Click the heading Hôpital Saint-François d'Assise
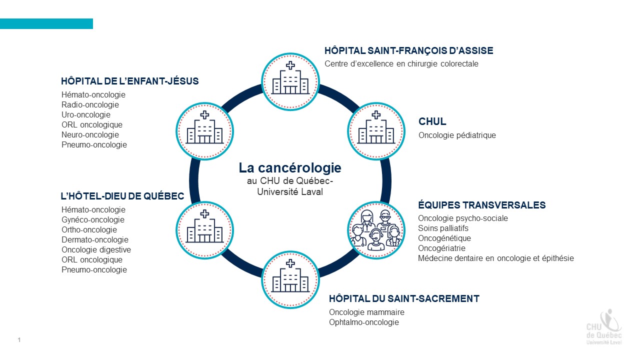[x=408, y=50]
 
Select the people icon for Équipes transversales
[x=375, y=228]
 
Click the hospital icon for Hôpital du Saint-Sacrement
[x=290, y=279]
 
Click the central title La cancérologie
[x=290, y=168]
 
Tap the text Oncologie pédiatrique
[x=457, y=135]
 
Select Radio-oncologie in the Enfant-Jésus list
[x=90, y=104]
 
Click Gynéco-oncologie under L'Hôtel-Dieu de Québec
[x=93, y=219]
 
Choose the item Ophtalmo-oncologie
[x=363, y=322]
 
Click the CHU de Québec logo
[x=604, y=327]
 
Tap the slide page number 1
[x=19, y=340]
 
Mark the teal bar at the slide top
[x=46, y=23]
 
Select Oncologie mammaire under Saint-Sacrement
[x=366, y=312]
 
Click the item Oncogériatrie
[x=441, y=248]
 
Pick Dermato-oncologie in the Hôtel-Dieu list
[x=95, y=239]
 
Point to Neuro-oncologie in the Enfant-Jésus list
[x=90, y=134]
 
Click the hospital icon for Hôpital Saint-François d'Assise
[x=290, y=80]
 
